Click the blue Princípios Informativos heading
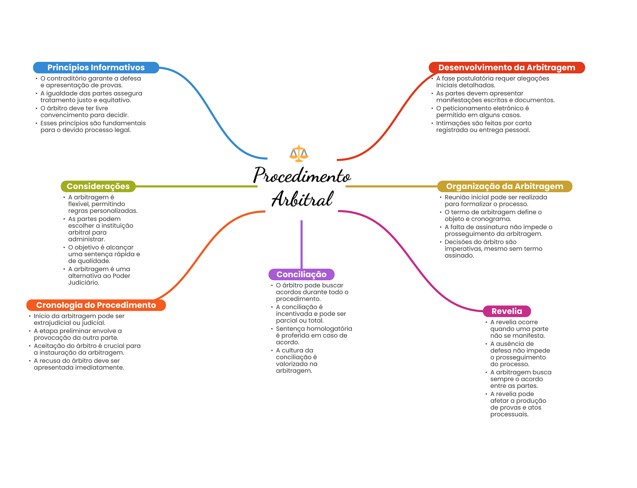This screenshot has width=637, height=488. coord(96,67)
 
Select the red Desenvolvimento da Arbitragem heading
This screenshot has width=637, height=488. coord(506,67)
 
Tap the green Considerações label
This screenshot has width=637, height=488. coord(98,186)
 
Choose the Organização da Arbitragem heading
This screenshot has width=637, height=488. coord(504,186)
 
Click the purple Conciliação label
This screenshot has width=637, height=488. coord(301,274)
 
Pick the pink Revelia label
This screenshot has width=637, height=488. coord(507,311)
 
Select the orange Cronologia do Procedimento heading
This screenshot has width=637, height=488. coord(96,305)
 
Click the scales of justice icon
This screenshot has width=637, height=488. coord(299,154)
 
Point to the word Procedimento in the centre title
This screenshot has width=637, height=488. coord(302,175)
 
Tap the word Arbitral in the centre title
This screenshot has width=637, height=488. coord(302,199)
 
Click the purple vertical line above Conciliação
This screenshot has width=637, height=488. coord(301,244)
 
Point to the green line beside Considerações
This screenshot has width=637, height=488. coord(196,186)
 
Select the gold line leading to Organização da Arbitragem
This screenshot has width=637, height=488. coord(391,186)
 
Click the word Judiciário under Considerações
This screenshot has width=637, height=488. coord(83,283)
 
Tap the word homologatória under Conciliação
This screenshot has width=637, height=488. coord(332,329)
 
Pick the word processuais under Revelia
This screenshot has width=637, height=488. coord(509,414)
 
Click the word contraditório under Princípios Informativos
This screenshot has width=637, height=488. coord(66,78)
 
